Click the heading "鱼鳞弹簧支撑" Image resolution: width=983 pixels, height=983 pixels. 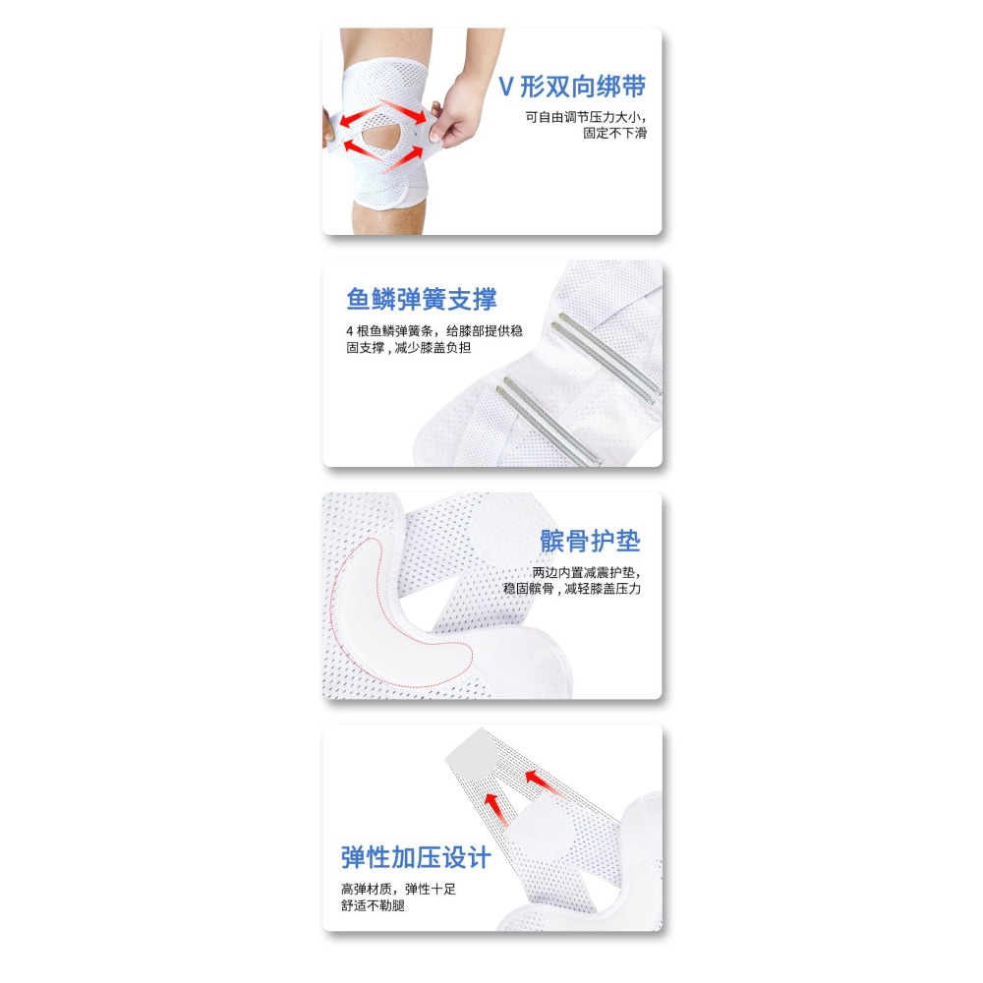pyautogui.click(x=421, y=299)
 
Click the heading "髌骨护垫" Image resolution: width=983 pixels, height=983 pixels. pyautogui.click(x=590, y=541)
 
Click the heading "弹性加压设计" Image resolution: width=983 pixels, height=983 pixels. pyautogui.click(x=416, y=857)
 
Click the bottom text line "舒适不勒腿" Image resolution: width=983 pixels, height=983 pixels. pyautogui.click(x=373, y=906)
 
